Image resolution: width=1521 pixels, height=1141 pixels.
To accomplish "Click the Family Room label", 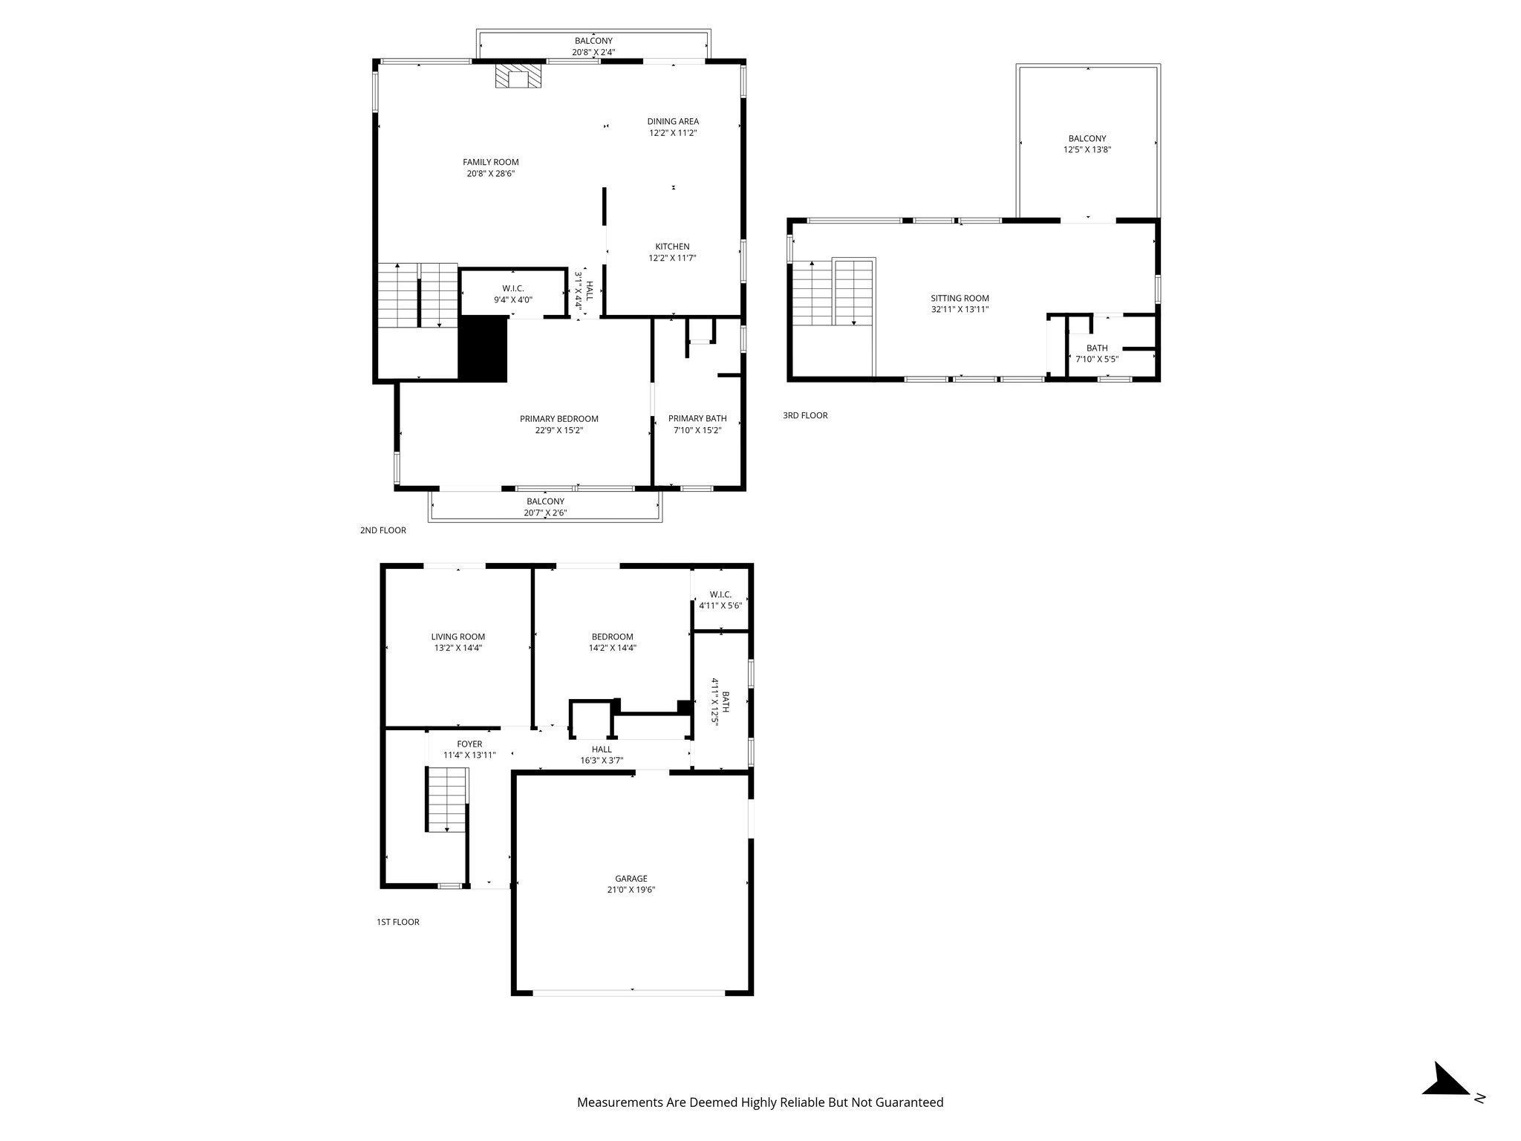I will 490,162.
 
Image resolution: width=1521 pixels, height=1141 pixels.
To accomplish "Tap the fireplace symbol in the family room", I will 518,77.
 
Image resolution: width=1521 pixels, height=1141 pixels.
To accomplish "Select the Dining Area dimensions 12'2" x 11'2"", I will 672,133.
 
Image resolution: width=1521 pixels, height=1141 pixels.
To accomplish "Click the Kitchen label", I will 672,247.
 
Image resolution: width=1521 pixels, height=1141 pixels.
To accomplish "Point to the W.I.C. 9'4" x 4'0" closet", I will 512,293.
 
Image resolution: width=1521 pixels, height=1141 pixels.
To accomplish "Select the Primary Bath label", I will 697,418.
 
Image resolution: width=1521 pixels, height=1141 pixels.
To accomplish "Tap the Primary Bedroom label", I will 558,418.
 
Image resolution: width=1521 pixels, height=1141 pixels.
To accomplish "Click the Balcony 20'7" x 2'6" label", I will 545,501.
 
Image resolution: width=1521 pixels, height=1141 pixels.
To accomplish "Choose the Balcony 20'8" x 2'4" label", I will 593,41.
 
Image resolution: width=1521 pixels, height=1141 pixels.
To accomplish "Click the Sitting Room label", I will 960,298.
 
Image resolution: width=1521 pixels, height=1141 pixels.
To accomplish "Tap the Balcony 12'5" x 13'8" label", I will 1087,138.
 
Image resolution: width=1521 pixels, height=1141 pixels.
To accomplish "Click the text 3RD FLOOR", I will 805,415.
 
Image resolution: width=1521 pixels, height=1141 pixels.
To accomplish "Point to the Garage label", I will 631,878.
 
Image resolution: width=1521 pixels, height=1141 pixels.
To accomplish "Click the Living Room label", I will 458,637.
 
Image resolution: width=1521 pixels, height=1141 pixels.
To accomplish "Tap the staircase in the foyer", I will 447,801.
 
